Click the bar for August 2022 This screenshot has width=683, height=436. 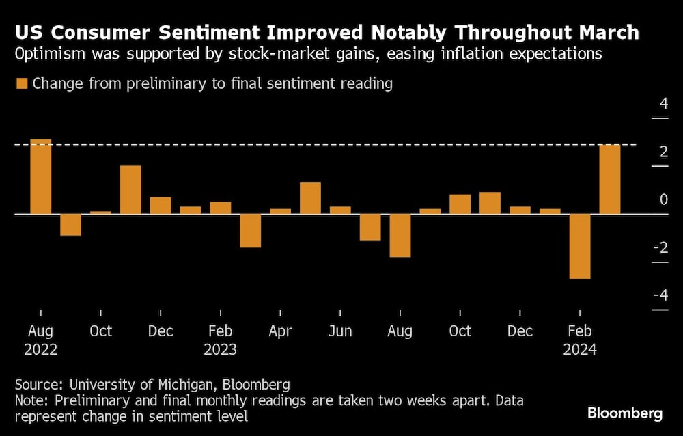click(41, 177)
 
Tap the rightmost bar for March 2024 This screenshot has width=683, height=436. click(609, 180)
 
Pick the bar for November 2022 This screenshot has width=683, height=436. click(130, 190)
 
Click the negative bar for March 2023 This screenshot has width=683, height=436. click(250, 230)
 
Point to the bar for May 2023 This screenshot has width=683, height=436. click(310, 198)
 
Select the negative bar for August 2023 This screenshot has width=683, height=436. click(400, 236)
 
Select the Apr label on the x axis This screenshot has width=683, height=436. click(280, 331)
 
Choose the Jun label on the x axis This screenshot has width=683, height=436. click(339, 331)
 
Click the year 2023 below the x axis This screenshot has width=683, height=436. click(220, 350)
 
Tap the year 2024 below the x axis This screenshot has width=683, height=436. click(579, 350)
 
